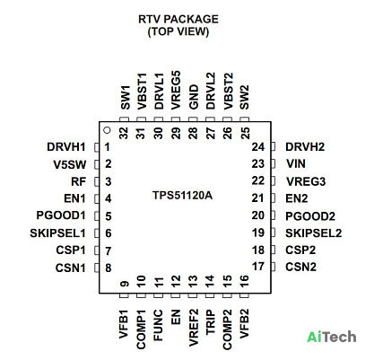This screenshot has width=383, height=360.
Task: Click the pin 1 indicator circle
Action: pos(107,130)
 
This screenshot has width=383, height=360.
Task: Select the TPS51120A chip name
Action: pos(182,196)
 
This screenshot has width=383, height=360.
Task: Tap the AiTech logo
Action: pos(332,337)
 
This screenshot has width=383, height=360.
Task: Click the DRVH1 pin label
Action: pos(66,147)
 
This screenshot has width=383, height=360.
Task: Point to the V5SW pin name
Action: pos(70,164)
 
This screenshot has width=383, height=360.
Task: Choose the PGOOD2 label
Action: pos(310,216)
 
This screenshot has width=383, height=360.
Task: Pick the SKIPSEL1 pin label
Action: pos(57,233)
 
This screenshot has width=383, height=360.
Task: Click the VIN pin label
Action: pos(296,163)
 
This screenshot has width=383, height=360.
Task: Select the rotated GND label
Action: pos(194,97)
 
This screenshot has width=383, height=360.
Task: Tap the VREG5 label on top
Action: pos(176,90)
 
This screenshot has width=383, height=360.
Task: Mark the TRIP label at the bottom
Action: pos(211,322)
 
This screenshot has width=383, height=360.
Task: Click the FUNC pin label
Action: pos(158,325)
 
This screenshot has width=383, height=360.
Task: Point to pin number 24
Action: pos(258,147)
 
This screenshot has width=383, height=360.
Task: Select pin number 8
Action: pos(109,268)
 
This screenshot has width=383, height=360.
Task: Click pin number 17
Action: pos(258,266)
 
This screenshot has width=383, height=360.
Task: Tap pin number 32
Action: pos(124,133)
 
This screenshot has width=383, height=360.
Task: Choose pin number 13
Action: pos(193,281)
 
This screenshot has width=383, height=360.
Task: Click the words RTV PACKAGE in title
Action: pos(178,19)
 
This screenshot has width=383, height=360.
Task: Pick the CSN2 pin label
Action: pos(300,267)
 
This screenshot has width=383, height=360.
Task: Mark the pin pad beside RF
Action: pos(96,181)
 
